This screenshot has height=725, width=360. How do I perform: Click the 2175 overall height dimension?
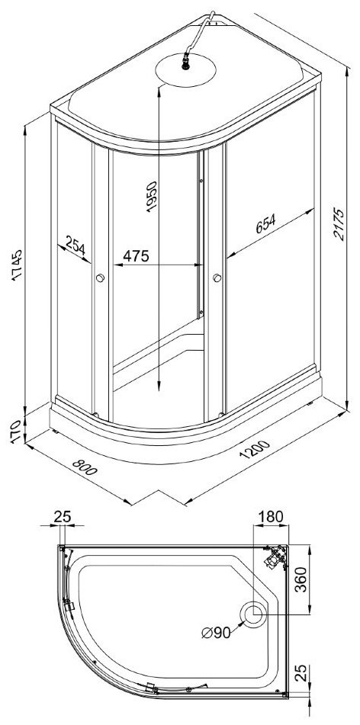tap(339, 224)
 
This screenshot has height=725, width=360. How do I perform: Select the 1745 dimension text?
tap(17, 265)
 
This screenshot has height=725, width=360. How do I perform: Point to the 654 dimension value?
tap(266, 224)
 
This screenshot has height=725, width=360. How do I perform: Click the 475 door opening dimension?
tap(136, 255)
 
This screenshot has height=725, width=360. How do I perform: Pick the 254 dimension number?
tap(76, 245)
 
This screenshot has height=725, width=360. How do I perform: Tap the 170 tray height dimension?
tap(16, 431)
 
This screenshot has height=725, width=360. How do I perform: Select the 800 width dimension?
tap(85, 467)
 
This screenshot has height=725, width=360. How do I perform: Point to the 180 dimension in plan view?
tap(270, 516)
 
